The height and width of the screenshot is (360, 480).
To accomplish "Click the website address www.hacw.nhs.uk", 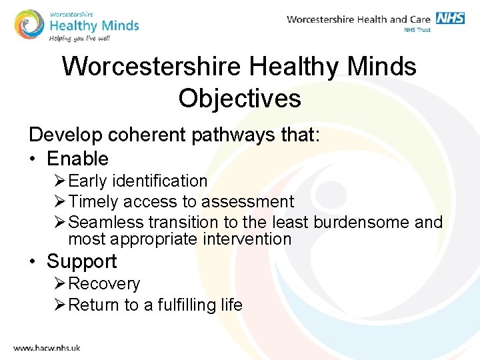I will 47,347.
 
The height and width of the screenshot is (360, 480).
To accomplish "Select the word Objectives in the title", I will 239,98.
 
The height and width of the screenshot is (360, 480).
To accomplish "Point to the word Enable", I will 77,159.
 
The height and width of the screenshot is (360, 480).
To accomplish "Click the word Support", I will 81,261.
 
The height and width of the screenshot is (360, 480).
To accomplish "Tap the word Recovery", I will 104,283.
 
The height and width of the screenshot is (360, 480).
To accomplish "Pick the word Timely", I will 93,201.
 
